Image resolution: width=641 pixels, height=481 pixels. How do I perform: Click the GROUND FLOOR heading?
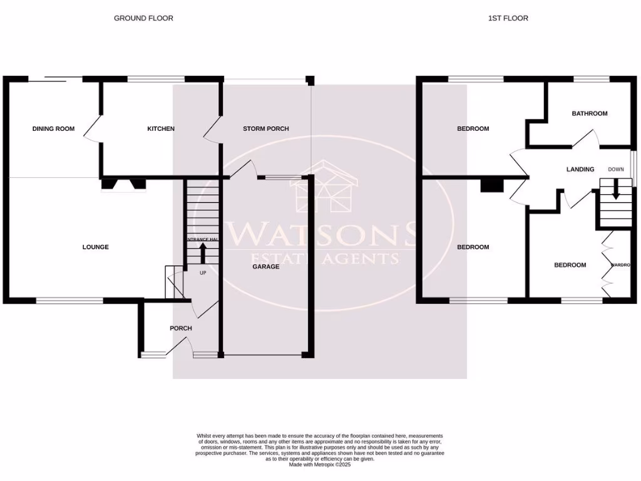coord(143,18)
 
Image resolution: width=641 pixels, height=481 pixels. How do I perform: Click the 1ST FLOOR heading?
coord(508,18)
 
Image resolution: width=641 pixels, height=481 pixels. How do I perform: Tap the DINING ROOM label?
coord(53,129)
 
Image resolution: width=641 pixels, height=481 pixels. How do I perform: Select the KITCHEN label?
coord(160,129)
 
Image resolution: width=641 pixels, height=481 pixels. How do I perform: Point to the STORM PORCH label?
coord(266,129)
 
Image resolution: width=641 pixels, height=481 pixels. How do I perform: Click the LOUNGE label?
coord(96,247)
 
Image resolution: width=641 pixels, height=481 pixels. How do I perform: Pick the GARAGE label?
coord(265,267)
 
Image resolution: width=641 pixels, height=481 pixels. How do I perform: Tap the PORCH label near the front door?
coord(181,328)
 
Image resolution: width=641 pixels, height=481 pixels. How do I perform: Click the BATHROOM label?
coord(590,114)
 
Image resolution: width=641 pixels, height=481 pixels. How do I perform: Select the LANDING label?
coord(580,169)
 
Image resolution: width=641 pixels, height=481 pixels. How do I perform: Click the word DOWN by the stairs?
coord(616,170)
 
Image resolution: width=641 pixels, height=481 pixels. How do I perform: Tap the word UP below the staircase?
coord(203,273)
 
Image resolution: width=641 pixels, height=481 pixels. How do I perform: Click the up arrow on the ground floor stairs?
coord(203,252)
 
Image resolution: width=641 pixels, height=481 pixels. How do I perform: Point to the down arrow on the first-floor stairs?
coord(616,190)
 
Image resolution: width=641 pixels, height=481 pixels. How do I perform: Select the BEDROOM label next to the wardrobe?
coord(570,265)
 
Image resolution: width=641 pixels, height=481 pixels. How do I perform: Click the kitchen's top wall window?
coord(156,79)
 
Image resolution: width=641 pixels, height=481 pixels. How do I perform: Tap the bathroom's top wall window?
coord(592,79)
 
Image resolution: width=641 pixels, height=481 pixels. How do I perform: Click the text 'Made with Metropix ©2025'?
coord(320,465)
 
